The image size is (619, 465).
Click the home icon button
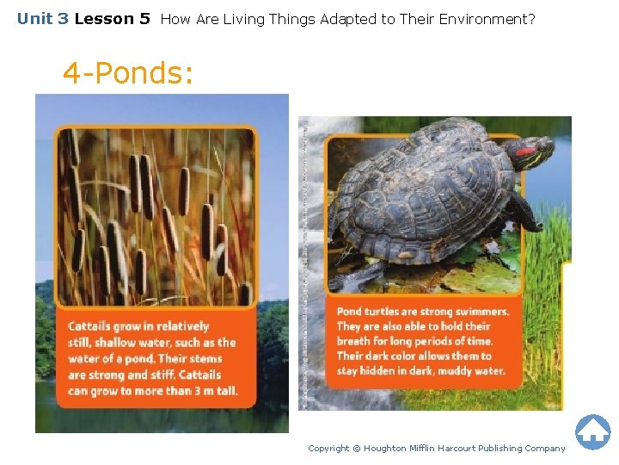[592, 431]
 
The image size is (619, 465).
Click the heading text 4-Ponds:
[128, 73]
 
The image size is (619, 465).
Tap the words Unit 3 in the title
[42, 18]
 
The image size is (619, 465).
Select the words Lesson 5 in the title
[112, 18]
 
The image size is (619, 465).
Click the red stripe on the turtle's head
[525, 152]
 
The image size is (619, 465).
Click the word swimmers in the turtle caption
[478, 312]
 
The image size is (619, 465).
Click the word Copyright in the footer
[328, 448]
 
